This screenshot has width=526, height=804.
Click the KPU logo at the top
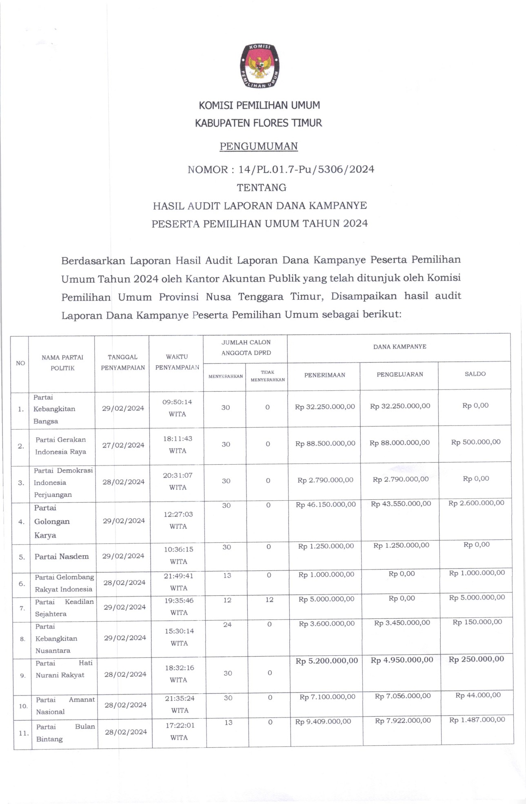(259, 67)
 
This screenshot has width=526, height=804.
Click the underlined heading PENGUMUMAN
(259, 146)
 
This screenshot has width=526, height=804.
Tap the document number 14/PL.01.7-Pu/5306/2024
(306, 169)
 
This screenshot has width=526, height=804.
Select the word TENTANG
(262, 187)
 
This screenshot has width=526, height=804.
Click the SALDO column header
(475, 374)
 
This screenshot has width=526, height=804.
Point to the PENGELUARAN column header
(399, 374)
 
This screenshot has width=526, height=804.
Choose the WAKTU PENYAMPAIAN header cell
(177, 362)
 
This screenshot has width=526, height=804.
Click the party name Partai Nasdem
(62, 557)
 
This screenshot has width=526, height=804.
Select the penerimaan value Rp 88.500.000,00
(325, 443)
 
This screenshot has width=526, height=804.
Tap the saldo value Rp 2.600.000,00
(476, 503)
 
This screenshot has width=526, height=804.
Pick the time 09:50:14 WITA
(177, 408)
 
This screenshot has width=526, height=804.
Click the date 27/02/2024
(123, 445)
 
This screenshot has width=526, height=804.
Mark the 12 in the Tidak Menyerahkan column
(269, 600)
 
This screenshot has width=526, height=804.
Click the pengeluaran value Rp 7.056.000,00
(403, 696)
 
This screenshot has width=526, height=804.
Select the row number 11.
(23, 733)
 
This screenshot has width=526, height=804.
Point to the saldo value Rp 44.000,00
(478, 695)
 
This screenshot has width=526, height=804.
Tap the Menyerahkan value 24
(227, 624)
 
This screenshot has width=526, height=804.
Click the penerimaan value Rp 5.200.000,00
(327, 661)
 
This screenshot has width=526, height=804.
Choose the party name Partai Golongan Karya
(52, 521)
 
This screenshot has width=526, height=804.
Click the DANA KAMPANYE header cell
(399, 347)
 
